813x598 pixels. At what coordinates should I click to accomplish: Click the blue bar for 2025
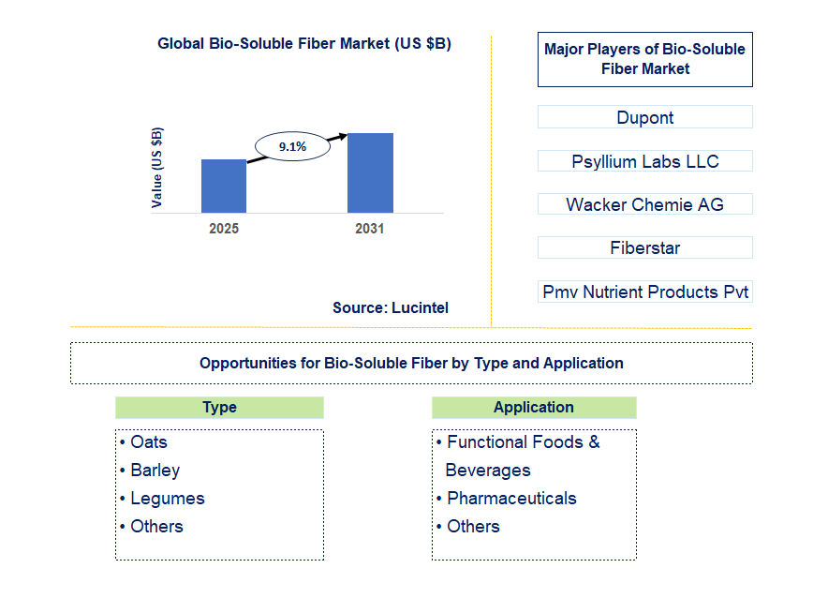point(224,186)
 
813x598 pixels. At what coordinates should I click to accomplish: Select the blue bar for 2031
point(370,172)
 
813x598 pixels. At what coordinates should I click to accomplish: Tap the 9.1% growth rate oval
point(292,146)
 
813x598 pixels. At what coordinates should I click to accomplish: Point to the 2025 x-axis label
point(224,229)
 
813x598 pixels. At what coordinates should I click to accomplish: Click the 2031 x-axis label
point(370,229)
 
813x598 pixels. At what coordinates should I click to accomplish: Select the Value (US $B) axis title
point(156,168)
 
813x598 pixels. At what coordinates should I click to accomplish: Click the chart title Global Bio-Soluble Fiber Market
point(304,43)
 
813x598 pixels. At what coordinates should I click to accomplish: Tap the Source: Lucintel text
point(391,307)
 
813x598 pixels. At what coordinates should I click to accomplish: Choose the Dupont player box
point(645,117)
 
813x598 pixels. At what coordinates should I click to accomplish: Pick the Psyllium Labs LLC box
point(645,161)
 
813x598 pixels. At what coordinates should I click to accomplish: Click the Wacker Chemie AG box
point(645,204)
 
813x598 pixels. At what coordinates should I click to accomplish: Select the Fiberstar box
point(645,247)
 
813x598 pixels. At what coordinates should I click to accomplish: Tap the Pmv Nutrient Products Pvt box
point(645,292)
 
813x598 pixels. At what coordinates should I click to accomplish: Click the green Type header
point(219,408)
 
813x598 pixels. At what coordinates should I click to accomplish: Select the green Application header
point(534,408)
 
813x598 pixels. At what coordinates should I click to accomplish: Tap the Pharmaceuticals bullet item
point(507,499)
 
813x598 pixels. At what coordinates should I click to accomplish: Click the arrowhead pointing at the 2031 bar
point(343,137)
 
